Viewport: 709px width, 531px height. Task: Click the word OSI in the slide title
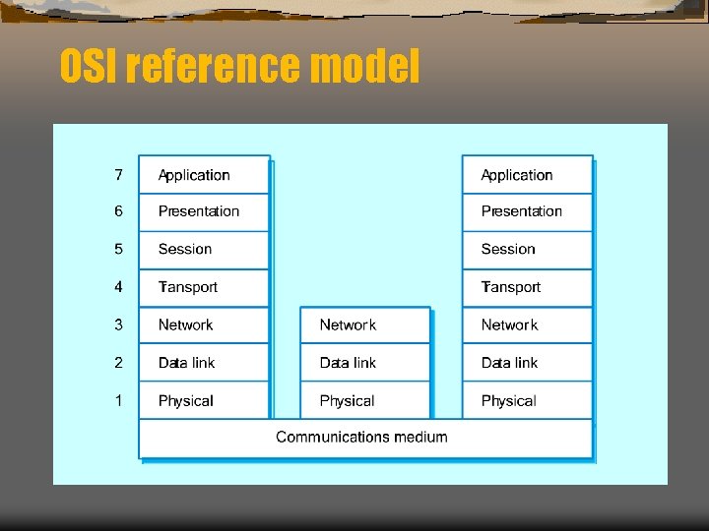tap(89, 67)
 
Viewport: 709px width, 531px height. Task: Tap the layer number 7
tap(118, 175)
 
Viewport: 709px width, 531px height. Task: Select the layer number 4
tap(118, 287)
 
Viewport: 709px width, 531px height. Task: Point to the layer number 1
tap(118, 400)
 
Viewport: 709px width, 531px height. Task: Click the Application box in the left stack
tap(204, 175)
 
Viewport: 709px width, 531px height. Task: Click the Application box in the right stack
tap(527, 175)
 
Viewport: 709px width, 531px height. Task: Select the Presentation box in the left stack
tap(204, 211)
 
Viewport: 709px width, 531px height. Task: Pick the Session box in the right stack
tap(527, 249)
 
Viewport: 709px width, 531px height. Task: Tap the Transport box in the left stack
tap(204, 287)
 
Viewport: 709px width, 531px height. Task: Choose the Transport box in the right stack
tap(527, 287)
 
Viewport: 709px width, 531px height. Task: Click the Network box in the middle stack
tap(365, 324)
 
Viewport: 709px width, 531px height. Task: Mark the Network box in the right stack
tap(527, 324)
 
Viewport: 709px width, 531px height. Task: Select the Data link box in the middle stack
tap(365, 363)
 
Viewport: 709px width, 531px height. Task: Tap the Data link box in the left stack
tap(204, 363)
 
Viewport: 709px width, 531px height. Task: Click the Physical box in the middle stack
tap(365, 400)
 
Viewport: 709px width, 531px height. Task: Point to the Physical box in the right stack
tap(527, 400)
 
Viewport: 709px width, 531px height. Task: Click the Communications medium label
tap(361, 437)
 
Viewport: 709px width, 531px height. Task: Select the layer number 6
tap(118, 211)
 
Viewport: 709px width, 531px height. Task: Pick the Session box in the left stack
tap(204, 249)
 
